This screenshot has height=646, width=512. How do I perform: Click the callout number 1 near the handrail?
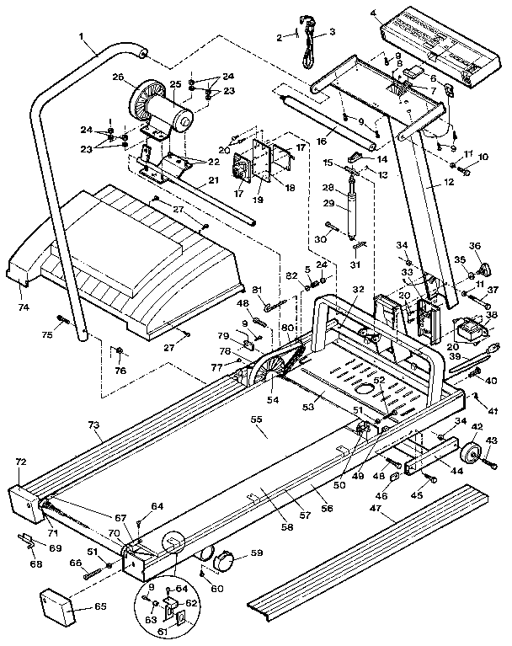click(81, 37)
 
